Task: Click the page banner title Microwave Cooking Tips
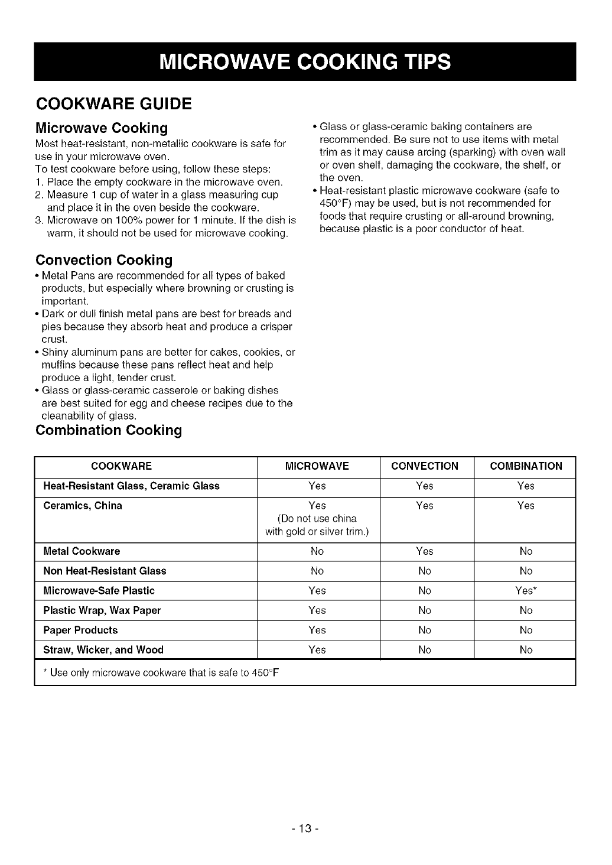[x=305, y=62]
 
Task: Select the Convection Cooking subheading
[x=104, y=260]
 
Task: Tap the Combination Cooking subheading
[x=109, y=430]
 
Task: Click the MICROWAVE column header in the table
[x=317, y=466]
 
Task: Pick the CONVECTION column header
[x=425, y=466]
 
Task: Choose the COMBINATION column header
[x=526, y=466]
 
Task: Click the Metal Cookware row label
[x=82, y=551]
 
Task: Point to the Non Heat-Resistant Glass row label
[x=105, y=571]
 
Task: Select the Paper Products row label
[x=80, y=630]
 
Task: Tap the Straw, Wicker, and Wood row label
[x=103, y=650]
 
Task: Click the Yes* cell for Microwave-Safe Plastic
[x=526, y=591]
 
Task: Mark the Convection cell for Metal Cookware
[x=425, y=551]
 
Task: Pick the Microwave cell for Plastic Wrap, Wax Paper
[x=317, y=610]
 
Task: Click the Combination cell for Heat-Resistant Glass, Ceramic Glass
[x=526, y=486]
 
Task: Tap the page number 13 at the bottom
[x=305, y=829]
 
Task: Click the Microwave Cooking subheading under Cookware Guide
[x=102, y=128]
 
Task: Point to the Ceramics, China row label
[x=83, y=506]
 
